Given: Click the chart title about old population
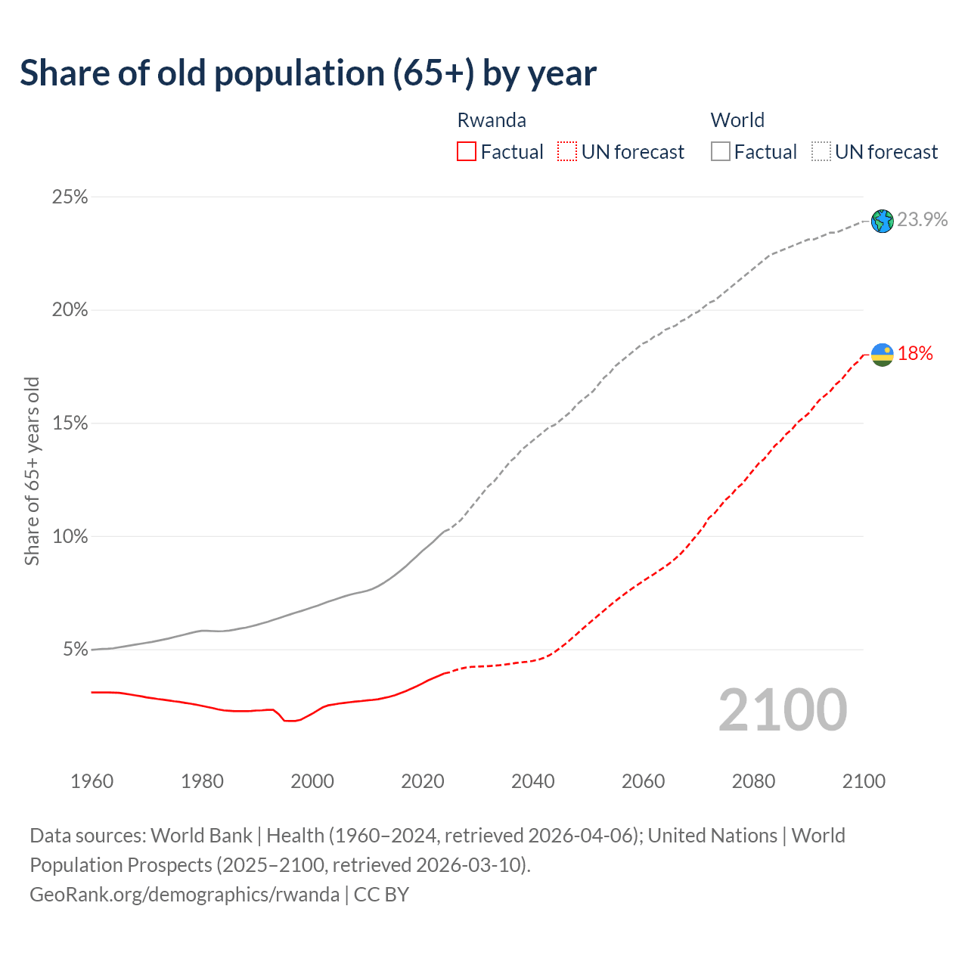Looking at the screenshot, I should click(x=308, y=73).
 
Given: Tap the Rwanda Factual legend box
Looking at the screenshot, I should click(x=467, y=152).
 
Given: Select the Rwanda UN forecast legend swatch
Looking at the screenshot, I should click(x=567, y=152).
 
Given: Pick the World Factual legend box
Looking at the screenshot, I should click(x=720, y=152).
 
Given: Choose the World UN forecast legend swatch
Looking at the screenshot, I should click(x=821, y=152).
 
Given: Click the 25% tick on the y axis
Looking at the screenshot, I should click(x=70, y=197).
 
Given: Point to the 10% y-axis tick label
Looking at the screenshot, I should click(x=70, y=537).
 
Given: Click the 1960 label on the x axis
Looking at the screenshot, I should click(x=92, y=781).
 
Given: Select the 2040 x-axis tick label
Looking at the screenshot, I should click(x=533, y=781).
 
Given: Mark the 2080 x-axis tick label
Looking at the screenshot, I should click(x=753, y=781).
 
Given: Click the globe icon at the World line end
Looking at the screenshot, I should click(x=882, y=221).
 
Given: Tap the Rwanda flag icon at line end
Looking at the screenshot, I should click(x=882, y=354).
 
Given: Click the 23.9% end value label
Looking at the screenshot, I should click(x=923, y=219).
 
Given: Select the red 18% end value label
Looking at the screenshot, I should click(x=915, y=353).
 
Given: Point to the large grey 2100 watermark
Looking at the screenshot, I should click(x=783, y=709).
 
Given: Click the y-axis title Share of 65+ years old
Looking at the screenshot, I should click(x=32, y=471).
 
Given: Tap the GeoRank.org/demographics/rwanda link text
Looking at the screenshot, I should click(x=185, y=895).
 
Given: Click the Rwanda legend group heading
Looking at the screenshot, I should click(x=492, y=120).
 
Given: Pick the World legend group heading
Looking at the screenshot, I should click(x=737, y=120).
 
